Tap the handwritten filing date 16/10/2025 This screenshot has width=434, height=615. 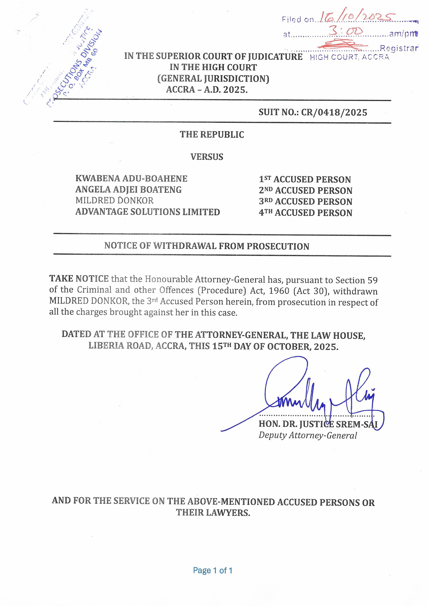pyautogui.click(x=357, y=17)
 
